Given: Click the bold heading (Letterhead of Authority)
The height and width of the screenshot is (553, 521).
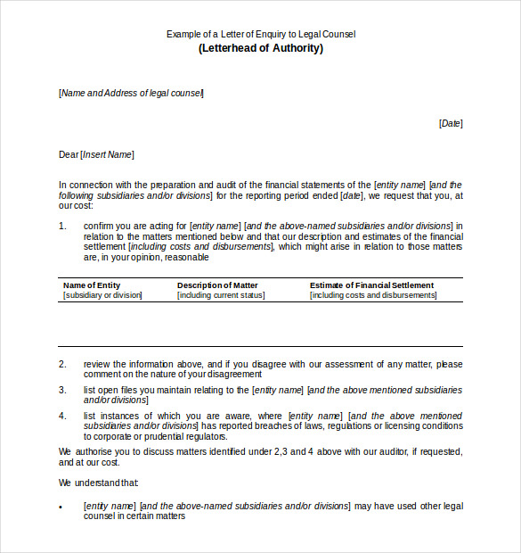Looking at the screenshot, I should [x=260, y=48].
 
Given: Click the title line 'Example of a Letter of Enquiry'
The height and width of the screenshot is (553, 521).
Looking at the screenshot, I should [x=260, y=34].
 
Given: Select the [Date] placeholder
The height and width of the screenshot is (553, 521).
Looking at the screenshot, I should [x=451, y=123].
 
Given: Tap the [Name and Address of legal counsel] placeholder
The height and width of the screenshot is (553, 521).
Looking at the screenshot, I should [x=131, y=93].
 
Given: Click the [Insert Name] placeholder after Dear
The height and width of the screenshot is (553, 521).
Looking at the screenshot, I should [x=107, y=154].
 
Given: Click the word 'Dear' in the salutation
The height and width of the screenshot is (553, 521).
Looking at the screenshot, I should [x=69, y=154].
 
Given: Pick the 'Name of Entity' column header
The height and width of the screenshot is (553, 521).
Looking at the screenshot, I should [x=92, y=285].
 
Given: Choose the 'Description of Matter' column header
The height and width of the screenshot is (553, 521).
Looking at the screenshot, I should [x=217, y=285].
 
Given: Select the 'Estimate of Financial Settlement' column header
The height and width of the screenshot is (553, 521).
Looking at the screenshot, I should [x=371, y=285].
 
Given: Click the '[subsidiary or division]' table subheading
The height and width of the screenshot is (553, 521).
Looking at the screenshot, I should [x=102, y=295].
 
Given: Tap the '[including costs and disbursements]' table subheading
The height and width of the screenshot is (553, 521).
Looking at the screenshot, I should [x=373, y=295].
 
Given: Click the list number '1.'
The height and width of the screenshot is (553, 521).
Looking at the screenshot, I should [x=63, y=226].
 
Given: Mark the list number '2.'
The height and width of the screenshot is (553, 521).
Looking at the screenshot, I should [x=63, y=364].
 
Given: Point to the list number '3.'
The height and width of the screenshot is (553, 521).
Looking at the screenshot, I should [x=63, y=390].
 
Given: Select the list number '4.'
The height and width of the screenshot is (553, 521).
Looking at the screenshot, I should [x=63, y=416].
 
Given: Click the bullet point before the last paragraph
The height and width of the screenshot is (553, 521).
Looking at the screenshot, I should [x=61, y=507].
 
